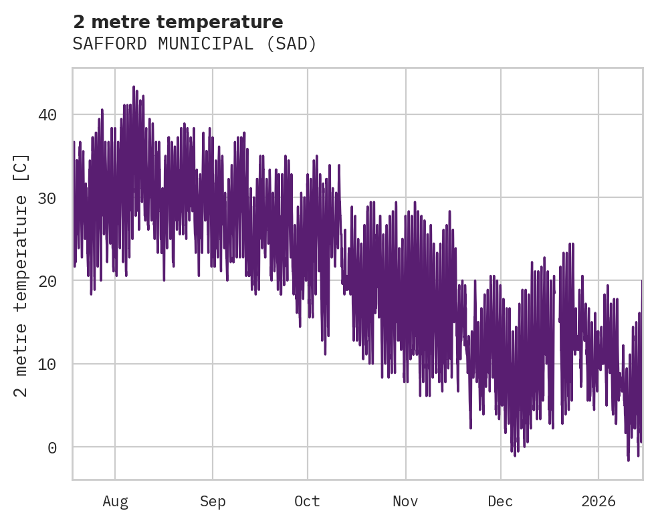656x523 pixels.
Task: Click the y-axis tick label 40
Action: coord(47,115)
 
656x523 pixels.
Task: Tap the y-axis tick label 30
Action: coord(47,198)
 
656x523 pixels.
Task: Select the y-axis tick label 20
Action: coord(47,281)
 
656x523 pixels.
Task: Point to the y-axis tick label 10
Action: coord(47,364)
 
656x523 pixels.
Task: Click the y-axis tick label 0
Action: coord(51,447)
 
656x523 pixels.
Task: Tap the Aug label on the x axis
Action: coord(115,501)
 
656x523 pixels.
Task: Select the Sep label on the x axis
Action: coord(213,501)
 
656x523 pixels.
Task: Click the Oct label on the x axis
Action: coord(308,501)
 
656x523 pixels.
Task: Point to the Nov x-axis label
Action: coord(405,501)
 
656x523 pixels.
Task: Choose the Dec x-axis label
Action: coord(500,501)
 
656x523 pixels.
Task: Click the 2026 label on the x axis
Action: coord(598,501)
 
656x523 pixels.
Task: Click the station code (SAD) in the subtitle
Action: coord(290,44)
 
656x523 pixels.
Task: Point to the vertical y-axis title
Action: coord(21,274)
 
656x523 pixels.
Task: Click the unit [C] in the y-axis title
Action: coord(21,169)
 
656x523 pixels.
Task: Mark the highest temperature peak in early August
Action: coord(134,87)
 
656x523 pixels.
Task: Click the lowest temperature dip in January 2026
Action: coord(629,459)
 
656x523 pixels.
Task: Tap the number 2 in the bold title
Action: coord(79,22)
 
